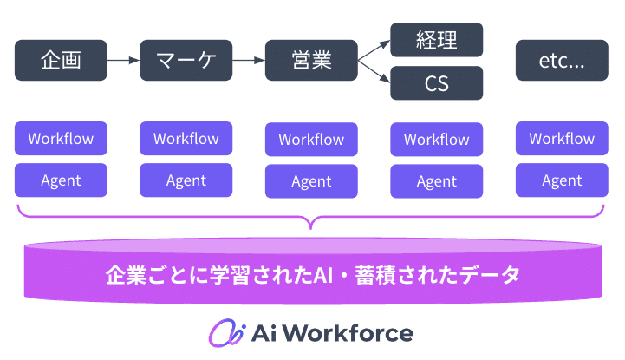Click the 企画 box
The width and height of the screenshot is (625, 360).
click(x=61, y=61)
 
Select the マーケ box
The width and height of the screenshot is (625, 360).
click(x=186, y=61)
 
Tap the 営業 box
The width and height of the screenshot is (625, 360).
click(x=311, y=61)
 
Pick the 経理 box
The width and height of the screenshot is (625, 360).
click(x=436, y=39)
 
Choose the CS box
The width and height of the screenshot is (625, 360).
click(x=436, y=83)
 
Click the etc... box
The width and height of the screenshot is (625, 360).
click(x=562, y=61)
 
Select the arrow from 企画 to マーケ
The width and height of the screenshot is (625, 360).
click(x=123, y=61)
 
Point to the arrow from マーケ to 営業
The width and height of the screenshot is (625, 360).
click(x=248, y=61)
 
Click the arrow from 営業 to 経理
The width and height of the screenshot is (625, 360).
click(x=374, y=49)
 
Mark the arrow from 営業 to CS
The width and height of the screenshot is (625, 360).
click(x=374, y=73)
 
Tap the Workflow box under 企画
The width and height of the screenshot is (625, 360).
click(x=61, y=138)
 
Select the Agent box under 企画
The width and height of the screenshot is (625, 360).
click(x=61, y=180)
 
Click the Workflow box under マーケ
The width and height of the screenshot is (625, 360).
click(x=186, y=138)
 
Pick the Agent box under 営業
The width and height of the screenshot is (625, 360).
click(x=311, y=181)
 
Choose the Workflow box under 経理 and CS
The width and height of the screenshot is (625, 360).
click(x=436, y=139)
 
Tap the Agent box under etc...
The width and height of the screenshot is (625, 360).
click(x=562, y=180)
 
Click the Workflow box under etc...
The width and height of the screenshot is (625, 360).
click(x=562, y=139)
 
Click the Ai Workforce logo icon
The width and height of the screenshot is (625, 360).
click(x=223, y=333)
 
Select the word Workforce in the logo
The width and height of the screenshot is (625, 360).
click(x=351, y=333)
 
